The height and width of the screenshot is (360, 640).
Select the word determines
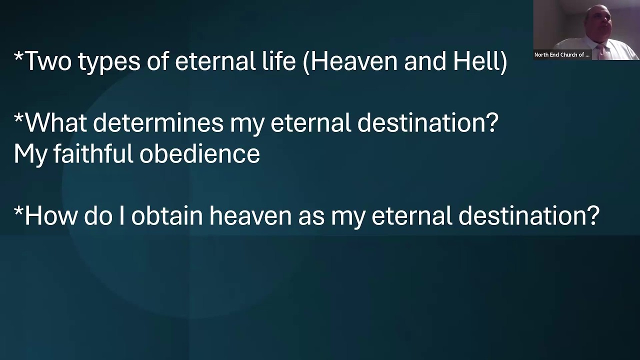[x=158, y=122]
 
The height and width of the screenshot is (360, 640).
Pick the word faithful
[x=93, y=153]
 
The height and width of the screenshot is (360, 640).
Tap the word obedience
[x=199, y=153]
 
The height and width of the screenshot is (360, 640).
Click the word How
[x=51, y=215]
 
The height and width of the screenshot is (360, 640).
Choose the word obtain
[x=167, y=215]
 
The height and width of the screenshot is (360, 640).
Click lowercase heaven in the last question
[x=250, y=215]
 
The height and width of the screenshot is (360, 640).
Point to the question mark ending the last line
[x=593, y=215]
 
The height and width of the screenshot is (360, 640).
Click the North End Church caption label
[x=562, y=55]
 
